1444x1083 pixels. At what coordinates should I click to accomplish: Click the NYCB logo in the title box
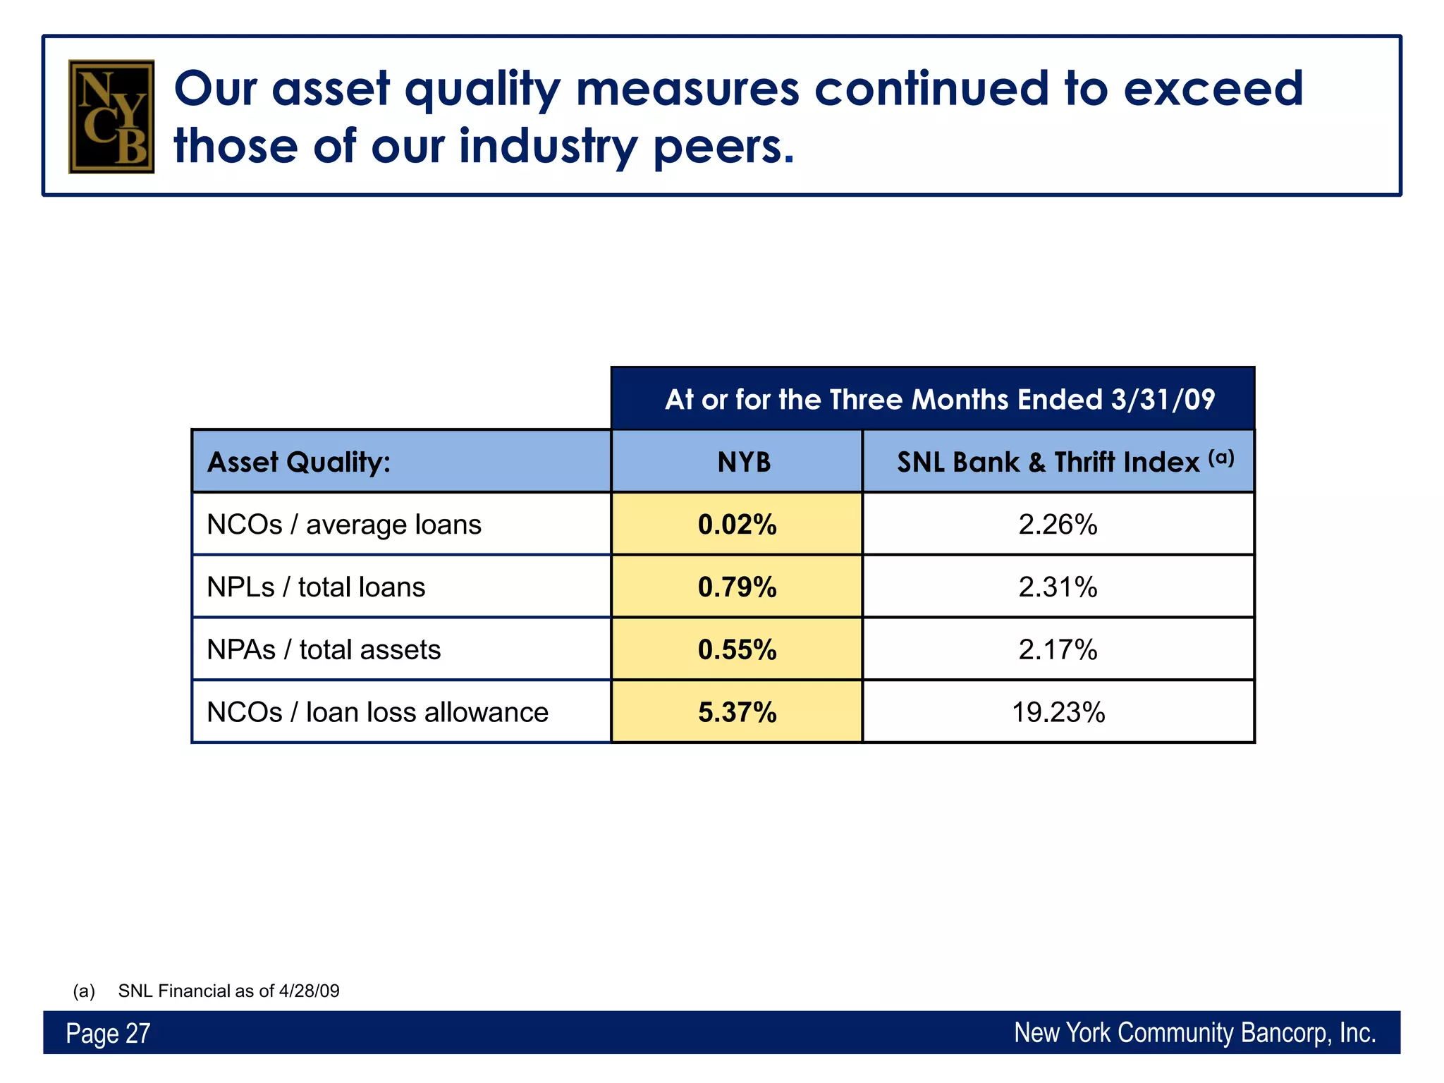pyautogui.click(x=111, y=116)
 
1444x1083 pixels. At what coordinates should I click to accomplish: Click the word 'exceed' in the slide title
pyautogui.click(x=1212, y=89)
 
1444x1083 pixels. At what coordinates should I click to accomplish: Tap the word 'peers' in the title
pyautogui.click(x=723, y=147)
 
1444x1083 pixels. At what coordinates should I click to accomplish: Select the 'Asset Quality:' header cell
pyautogui.click(x=299, y=463)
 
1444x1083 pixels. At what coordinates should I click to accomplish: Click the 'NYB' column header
pyautogui.click(x=744, y=463)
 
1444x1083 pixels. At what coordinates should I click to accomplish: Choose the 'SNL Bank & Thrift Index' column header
pyautogui.click(x=1058, y=463)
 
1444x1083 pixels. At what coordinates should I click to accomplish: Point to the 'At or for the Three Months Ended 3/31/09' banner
pyautogui.click(x=939, y=400)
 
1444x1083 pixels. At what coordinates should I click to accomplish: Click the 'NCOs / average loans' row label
pyautogui.click(x=344, y=525)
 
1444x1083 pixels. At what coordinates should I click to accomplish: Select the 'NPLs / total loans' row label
pyautogui.click(x=316, y=587)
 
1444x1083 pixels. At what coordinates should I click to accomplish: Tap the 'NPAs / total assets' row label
pyautogui.click(x=324, y=649)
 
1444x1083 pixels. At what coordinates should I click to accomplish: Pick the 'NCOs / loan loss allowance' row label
pyautogui.click(x=377, y=712)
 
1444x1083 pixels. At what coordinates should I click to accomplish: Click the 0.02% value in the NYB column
pyautogui.click(x=737, y=525)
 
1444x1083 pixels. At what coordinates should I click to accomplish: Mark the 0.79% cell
pyautogui.click(x=737, y=587)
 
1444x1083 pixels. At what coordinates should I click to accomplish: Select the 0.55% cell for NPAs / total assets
pyautogui.click(x=737, y=649)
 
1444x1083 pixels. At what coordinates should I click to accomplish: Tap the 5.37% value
pyautogui.click(x=737, y=712)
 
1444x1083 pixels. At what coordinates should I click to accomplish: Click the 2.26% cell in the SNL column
pyautogui.click(x=1058, y=525)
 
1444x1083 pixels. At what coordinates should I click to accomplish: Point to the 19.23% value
pyautogui.click(x=1058, y=712)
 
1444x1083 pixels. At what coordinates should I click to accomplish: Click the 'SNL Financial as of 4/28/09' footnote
pyautogui.click(x=228, y=991)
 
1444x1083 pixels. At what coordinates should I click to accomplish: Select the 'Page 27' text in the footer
pyautogui.click(x=108, y=1034)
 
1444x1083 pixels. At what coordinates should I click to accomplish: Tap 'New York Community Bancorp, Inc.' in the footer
pyautogui.click(x=1194, y=1033)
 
